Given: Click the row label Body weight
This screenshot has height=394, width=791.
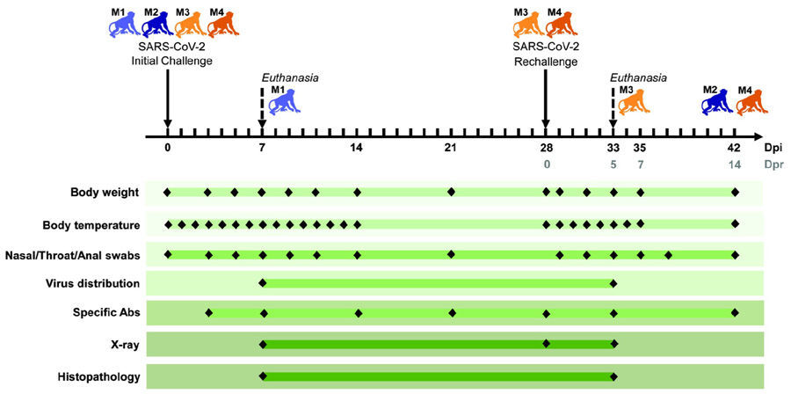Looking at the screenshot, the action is (105, 193).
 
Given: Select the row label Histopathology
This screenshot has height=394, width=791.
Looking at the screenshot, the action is (105, 376).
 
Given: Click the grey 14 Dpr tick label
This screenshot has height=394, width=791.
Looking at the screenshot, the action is (734, 164).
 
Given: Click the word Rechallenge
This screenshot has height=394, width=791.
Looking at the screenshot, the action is (546, 62).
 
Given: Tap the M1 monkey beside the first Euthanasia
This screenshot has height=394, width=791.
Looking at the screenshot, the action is (285, 101).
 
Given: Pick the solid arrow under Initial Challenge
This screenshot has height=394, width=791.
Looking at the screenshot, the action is (168, 98).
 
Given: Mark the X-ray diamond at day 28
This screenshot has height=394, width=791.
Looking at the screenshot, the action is (546, 344).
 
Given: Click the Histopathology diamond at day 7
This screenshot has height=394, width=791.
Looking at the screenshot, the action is (262, 376).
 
